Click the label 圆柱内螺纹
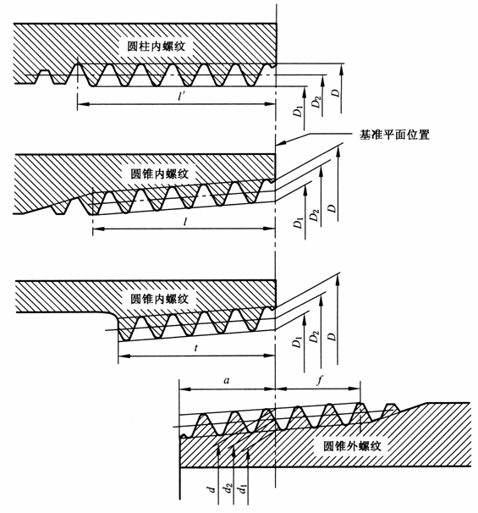tap(157, 46)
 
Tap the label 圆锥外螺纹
tap(353, 446)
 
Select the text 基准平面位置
tap(394, 135)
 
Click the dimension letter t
tap(195, 348)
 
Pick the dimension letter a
tap(226, 380)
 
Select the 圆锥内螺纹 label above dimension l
tap(159, 174)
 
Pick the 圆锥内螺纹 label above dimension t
tap(159, 298)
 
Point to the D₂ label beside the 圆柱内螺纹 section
tap(316, 102)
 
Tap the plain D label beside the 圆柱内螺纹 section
tap(336, 92)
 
